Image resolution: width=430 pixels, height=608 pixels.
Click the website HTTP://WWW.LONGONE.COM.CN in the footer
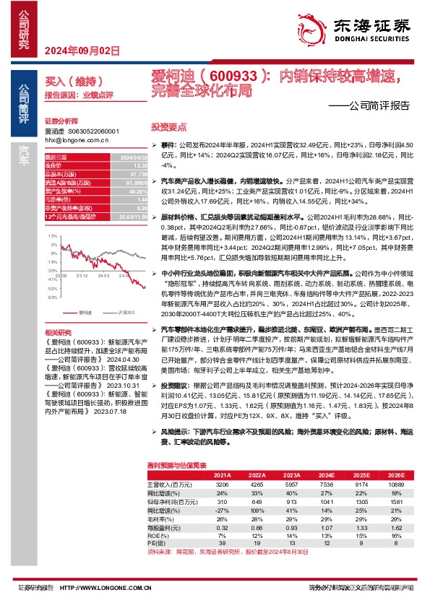click(102, 589)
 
